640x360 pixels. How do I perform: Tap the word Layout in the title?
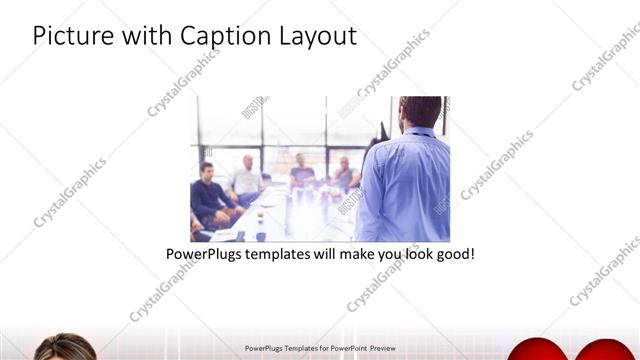[x=316, y=36]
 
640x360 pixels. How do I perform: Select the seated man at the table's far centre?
[x=301, y=172]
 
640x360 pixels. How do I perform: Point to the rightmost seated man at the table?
[x=344, y=175]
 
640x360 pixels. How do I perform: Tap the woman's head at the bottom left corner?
[x=62, y=349]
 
